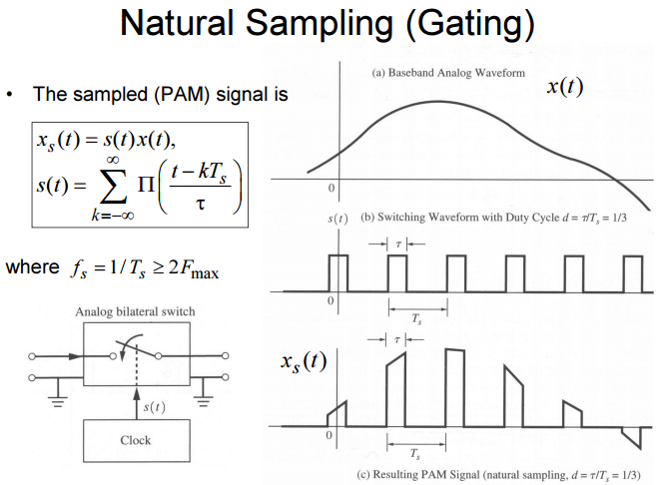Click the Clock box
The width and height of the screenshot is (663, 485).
[x=135, y=439]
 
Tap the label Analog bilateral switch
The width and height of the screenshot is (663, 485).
[x=135, y=311]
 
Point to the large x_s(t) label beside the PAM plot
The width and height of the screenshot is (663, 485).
[x=302, y=361]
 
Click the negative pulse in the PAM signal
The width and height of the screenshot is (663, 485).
[x=630, y=435]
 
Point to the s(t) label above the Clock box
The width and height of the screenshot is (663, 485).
[x=153, y=406]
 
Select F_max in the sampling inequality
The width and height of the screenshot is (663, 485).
[x=198, y=269]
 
